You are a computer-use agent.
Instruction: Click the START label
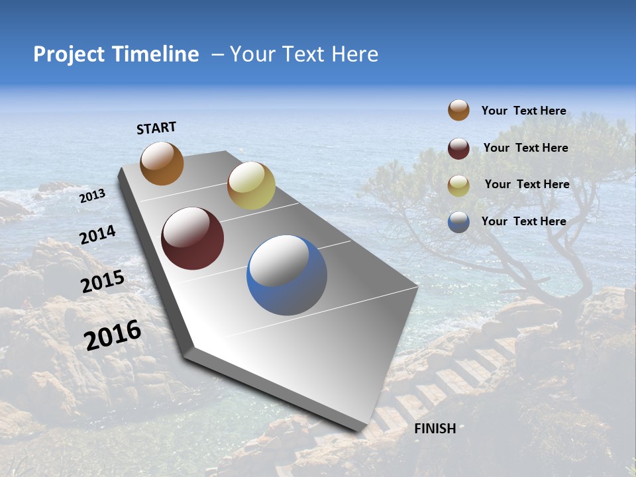pyautogui.click(x=156, y=128)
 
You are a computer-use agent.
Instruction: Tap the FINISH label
pyautogui.click(x=435, y=428)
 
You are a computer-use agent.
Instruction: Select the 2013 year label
pyautogui.click(x=92, y=196)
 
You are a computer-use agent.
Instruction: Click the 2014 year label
pyautogui.click(x=98, y=235)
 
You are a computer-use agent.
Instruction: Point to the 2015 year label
pyautogui.click(x=103, y=282)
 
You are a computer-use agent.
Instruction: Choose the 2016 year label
pyautogui.click(x=113, y=335)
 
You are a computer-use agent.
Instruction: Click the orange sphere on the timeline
pyautogui.click(x=162, y=163)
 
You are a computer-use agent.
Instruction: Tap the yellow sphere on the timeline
pyautogui.click(x=251, y=185)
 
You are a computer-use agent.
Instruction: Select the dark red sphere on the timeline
pyautogui.click(x=192, y=238)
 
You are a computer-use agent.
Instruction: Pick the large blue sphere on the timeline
pyautogui.click(x=287, y=275)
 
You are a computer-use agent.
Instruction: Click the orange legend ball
pyautogui.click(x=458, y=111)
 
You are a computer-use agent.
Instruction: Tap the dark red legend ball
pyautogui.click(x=458, y=148)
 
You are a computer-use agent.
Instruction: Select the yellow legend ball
pyautogui.click(x=458, y=185)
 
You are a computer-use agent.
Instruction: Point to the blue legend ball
pyautogui.click(x=458, y=222)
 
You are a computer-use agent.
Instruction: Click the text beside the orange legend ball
pyautogui.click(x=523, y=111)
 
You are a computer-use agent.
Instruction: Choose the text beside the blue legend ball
pyautogui.click(x=523, y=221)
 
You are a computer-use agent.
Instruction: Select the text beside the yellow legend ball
pyautogui.click(x=527, y=184)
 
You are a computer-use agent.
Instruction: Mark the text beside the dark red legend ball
pyautogui.click(x=525, y=148)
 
